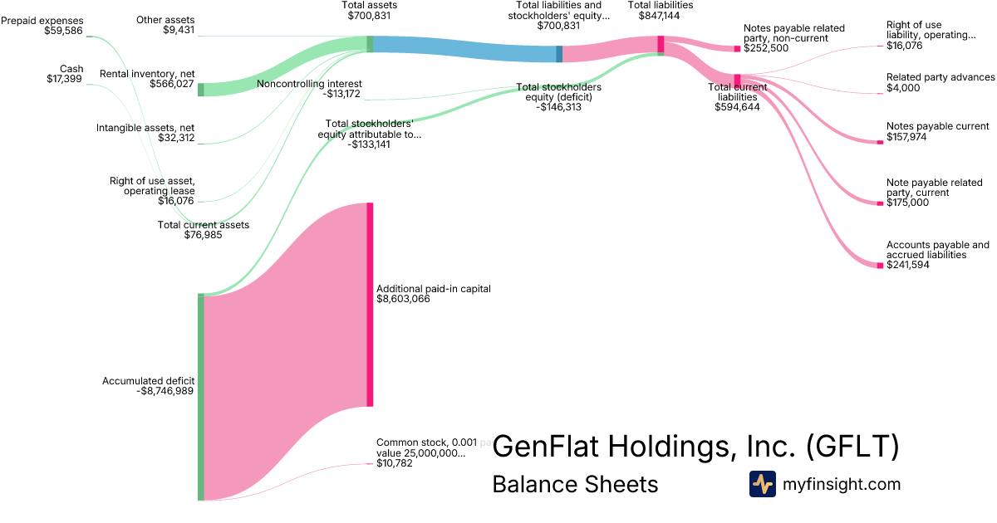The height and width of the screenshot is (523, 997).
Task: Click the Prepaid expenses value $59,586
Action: pos(58,32)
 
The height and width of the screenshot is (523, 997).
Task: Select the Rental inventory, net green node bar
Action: pos(200,90)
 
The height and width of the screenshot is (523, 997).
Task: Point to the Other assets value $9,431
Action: pos(179,31)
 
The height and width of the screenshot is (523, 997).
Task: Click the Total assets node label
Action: pos(370,5)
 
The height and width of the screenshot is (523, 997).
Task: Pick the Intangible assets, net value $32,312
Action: pos(176,138)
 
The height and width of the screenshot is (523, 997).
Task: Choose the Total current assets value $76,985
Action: pos(203,235)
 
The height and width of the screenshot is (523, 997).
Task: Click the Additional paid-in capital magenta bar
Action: pos(370,304)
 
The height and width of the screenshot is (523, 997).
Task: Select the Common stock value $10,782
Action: pos(395,462)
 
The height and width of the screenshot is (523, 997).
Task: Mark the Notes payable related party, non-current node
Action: pos(737,49)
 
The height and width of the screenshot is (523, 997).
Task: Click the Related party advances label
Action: pos(941,77)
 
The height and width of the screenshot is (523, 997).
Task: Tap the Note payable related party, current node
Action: pos(881,203)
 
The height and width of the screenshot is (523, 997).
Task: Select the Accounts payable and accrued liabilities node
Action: pos(881,265)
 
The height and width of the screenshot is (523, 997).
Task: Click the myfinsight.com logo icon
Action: pos(762,484)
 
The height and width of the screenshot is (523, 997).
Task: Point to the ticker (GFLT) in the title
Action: pos(852,447)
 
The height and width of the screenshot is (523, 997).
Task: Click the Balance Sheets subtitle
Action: pos(575,484)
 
